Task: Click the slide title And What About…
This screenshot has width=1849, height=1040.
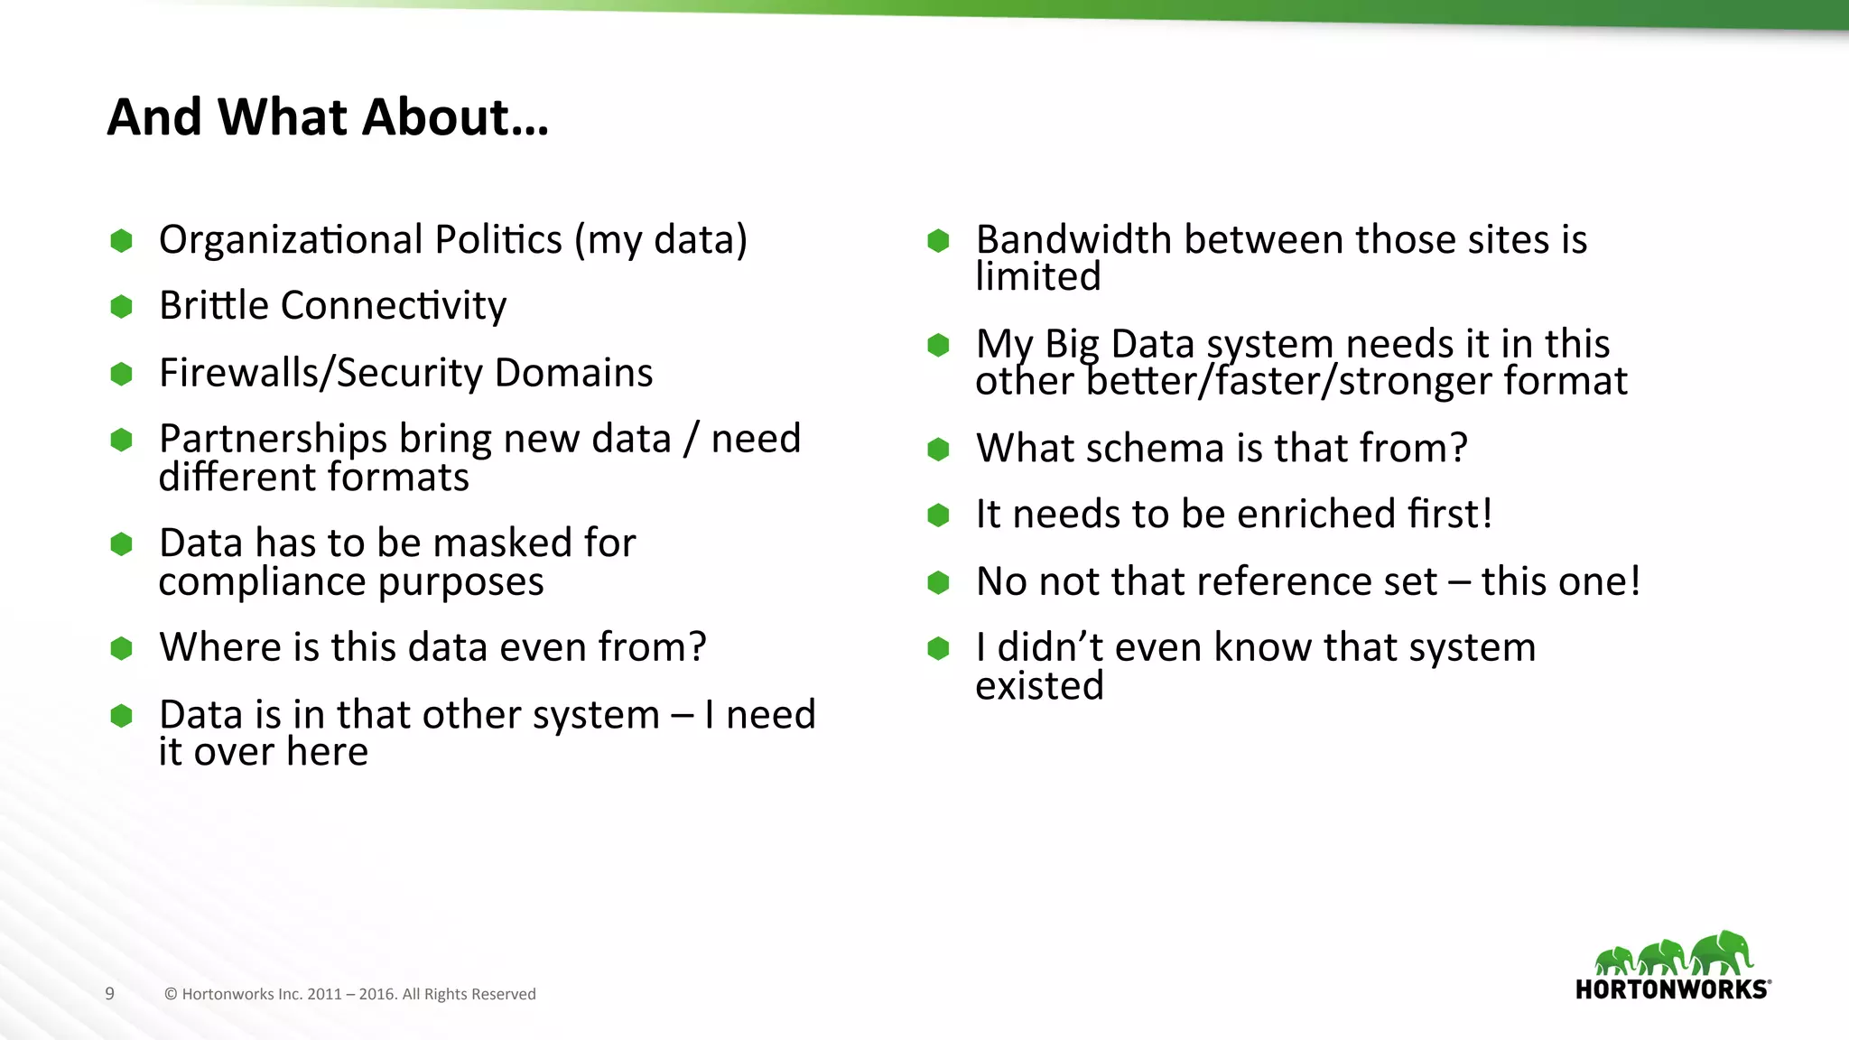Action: coord(328,118)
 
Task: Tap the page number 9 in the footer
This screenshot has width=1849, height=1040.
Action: coord(110,994)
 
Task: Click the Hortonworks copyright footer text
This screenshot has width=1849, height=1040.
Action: coord(350,994)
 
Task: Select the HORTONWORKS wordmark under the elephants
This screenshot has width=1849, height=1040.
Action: coord(1672,989)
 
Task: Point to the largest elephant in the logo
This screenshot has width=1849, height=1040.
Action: coord(1723,953)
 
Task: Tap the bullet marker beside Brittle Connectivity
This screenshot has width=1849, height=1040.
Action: coord(122,307)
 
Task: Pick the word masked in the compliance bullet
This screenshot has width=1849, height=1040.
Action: coord(506,543)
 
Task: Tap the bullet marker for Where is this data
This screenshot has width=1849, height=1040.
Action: coord(122,648)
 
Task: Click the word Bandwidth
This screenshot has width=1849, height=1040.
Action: coord(1073,240)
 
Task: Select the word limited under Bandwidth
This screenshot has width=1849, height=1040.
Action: coord(1038,277)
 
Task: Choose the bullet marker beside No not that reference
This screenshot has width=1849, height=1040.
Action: coord(939,582)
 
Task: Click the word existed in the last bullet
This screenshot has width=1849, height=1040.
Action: coord(1039,686)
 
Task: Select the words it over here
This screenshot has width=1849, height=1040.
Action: coord(264,752)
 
